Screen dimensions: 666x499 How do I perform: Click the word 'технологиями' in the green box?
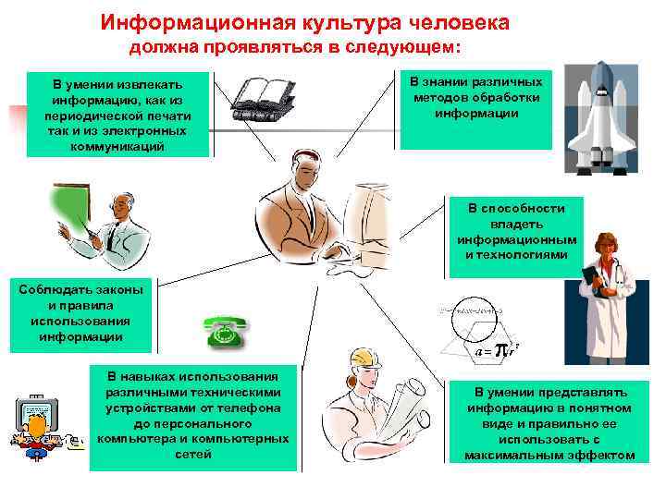coord(523,254)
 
